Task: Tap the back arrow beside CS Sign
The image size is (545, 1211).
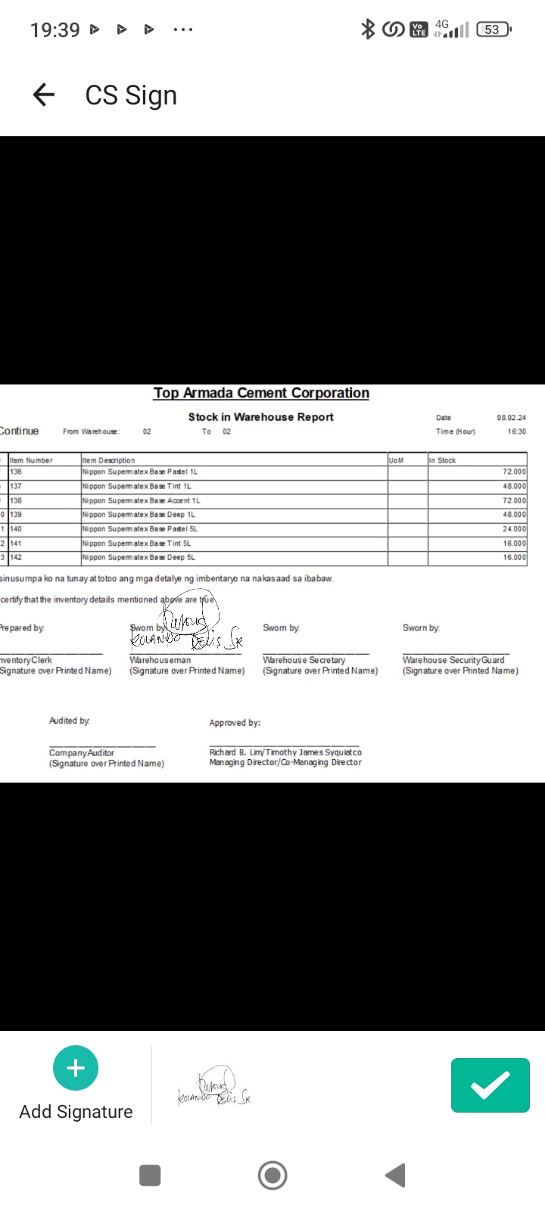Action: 44,95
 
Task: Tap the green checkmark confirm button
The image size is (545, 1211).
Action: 490,1085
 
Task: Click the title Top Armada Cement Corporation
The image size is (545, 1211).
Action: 261,393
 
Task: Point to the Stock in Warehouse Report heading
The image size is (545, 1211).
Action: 260,417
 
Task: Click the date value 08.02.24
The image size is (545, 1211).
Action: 511,418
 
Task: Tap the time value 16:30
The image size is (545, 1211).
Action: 516,431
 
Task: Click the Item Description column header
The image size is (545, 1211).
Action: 109,460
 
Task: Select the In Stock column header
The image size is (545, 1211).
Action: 443,460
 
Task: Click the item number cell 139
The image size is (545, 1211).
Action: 16,515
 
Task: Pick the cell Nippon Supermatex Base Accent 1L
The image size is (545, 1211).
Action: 141,500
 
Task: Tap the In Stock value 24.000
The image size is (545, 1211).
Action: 514,529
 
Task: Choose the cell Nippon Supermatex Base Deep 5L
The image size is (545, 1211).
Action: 139,557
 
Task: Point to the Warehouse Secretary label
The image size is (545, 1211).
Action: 304,660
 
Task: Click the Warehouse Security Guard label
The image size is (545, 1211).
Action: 453,660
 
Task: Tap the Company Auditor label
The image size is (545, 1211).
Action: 82,753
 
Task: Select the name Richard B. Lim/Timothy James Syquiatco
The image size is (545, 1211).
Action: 285,752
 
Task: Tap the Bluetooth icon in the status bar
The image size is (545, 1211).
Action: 368,30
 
